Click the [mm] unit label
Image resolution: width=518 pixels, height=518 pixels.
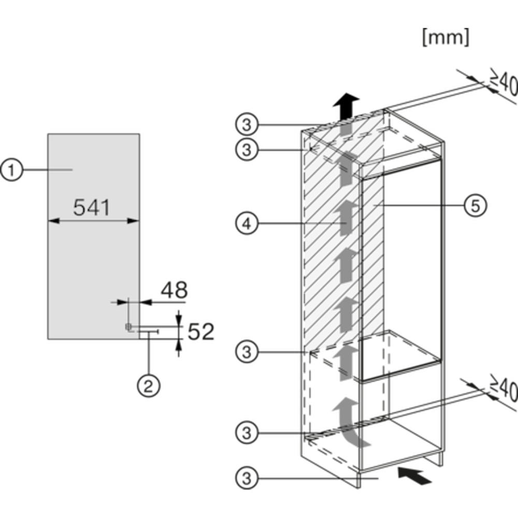(x=445, y=37)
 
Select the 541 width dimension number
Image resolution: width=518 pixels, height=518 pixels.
(x=92, y=208)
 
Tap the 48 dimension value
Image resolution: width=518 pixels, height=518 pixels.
(x=174, y=290)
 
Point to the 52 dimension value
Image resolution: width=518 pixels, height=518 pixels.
(x=201, y=332)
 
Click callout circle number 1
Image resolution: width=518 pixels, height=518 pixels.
(x=12, y=170)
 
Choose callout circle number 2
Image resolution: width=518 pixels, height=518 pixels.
(x=149, y=385)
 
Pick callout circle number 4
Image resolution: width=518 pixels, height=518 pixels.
(x=247, y=224)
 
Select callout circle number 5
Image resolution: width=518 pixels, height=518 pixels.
(x=476, y=206)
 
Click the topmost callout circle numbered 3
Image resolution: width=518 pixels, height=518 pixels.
(x=247, y=125)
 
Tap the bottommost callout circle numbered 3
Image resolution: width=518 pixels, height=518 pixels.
(x=247, y=478)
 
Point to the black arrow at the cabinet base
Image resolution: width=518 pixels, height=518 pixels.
(x=414, y=476)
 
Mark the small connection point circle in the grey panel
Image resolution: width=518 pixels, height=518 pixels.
(x=128, y=327)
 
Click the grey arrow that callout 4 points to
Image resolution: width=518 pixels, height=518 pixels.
(x=345, y=218)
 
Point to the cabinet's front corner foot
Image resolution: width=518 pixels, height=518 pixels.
(x=359, y=479)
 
